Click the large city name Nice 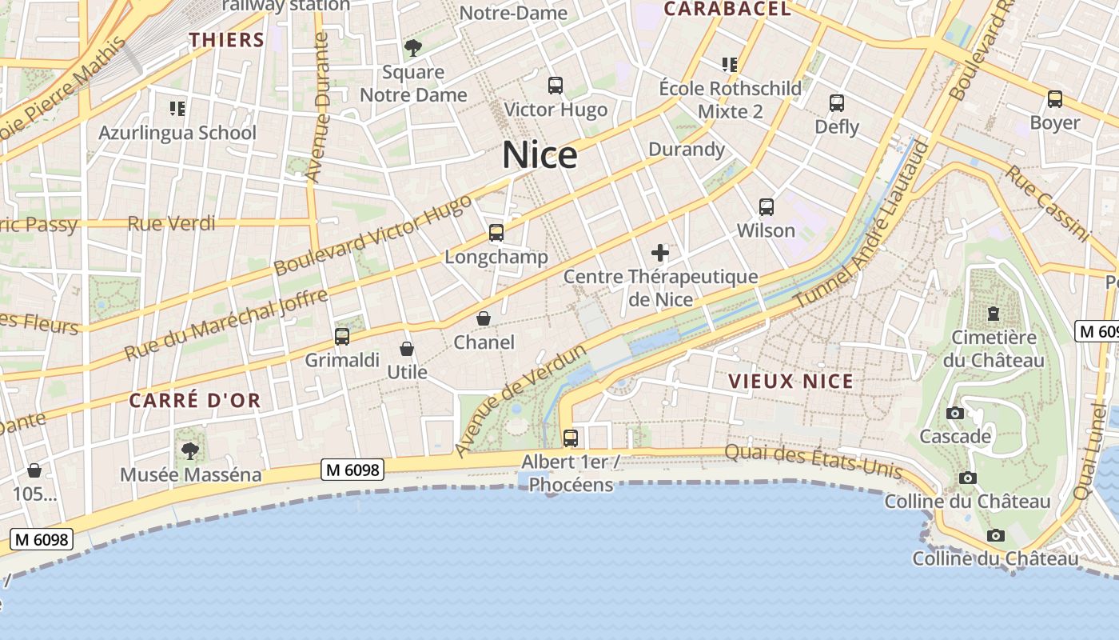(540, 154)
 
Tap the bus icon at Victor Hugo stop (556, 86)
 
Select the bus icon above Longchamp (496, 233)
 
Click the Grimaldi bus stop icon (342, 336)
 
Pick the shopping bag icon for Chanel (484, 318)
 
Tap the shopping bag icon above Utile (407, 349)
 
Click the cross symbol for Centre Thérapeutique (660, 254)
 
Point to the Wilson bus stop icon (767, 207)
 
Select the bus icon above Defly (837, 103)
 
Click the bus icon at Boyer (1055, 99)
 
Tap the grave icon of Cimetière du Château (994, 313)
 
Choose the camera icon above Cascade (954, 414)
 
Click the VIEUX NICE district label (791, 382)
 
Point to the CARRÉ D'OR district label (195, 401)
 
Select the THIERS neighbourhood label (227, 40)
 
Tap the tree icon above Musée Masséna (190, 451)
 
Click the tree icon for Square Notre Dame (413, 48)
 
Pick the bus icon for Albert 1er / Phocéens (571, 438)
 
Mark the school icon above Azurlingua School (177, 108)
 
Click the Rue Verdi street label (172, 223)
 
